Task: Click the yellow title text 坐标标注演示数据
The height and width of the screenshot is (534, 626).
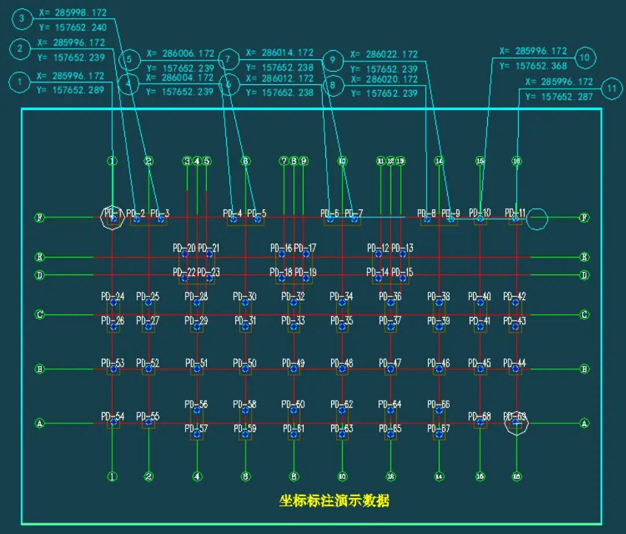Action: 334,500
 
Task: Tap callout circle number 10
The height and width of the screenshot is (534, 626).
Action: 584,57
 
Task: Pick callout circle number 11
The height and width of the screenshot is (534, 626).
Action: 612,89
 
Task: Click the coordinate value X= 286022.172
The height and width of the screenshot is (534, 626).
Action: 384,55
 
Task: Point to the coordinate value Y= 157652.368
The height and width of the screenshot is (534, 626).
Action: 533,66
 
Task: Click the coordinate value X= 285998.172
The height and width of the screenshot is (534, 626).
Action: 72,12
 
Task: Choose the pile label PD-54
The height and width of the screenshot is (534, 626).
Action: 112,416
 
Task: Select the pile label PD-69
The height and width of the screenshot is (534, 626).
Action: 515,416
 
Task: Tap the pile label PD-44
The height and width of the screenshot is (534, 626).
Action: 515,364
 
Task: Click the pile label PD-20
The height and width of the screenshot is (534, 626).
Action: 184,248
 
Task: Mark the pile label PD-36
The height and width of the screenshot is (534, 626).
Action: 390,296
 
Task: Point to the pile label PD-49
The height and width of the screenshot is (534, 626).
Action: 293,364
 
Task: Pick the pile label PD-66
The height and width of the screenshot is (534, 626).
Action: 438,404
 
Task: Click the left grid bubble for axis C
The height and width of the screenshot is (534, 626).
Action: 40,315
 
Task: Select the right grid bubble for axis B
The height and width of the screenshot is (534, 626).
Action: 585,369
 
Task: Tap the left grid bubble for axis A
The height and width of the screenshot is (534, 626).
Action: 40,423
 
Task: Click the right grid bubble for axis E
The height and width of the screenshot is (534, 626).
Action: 585,257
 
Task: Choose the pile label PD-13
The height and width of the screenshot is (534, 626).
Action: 402,248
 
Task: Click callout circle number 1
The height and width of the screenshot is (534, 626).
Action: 20,82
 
